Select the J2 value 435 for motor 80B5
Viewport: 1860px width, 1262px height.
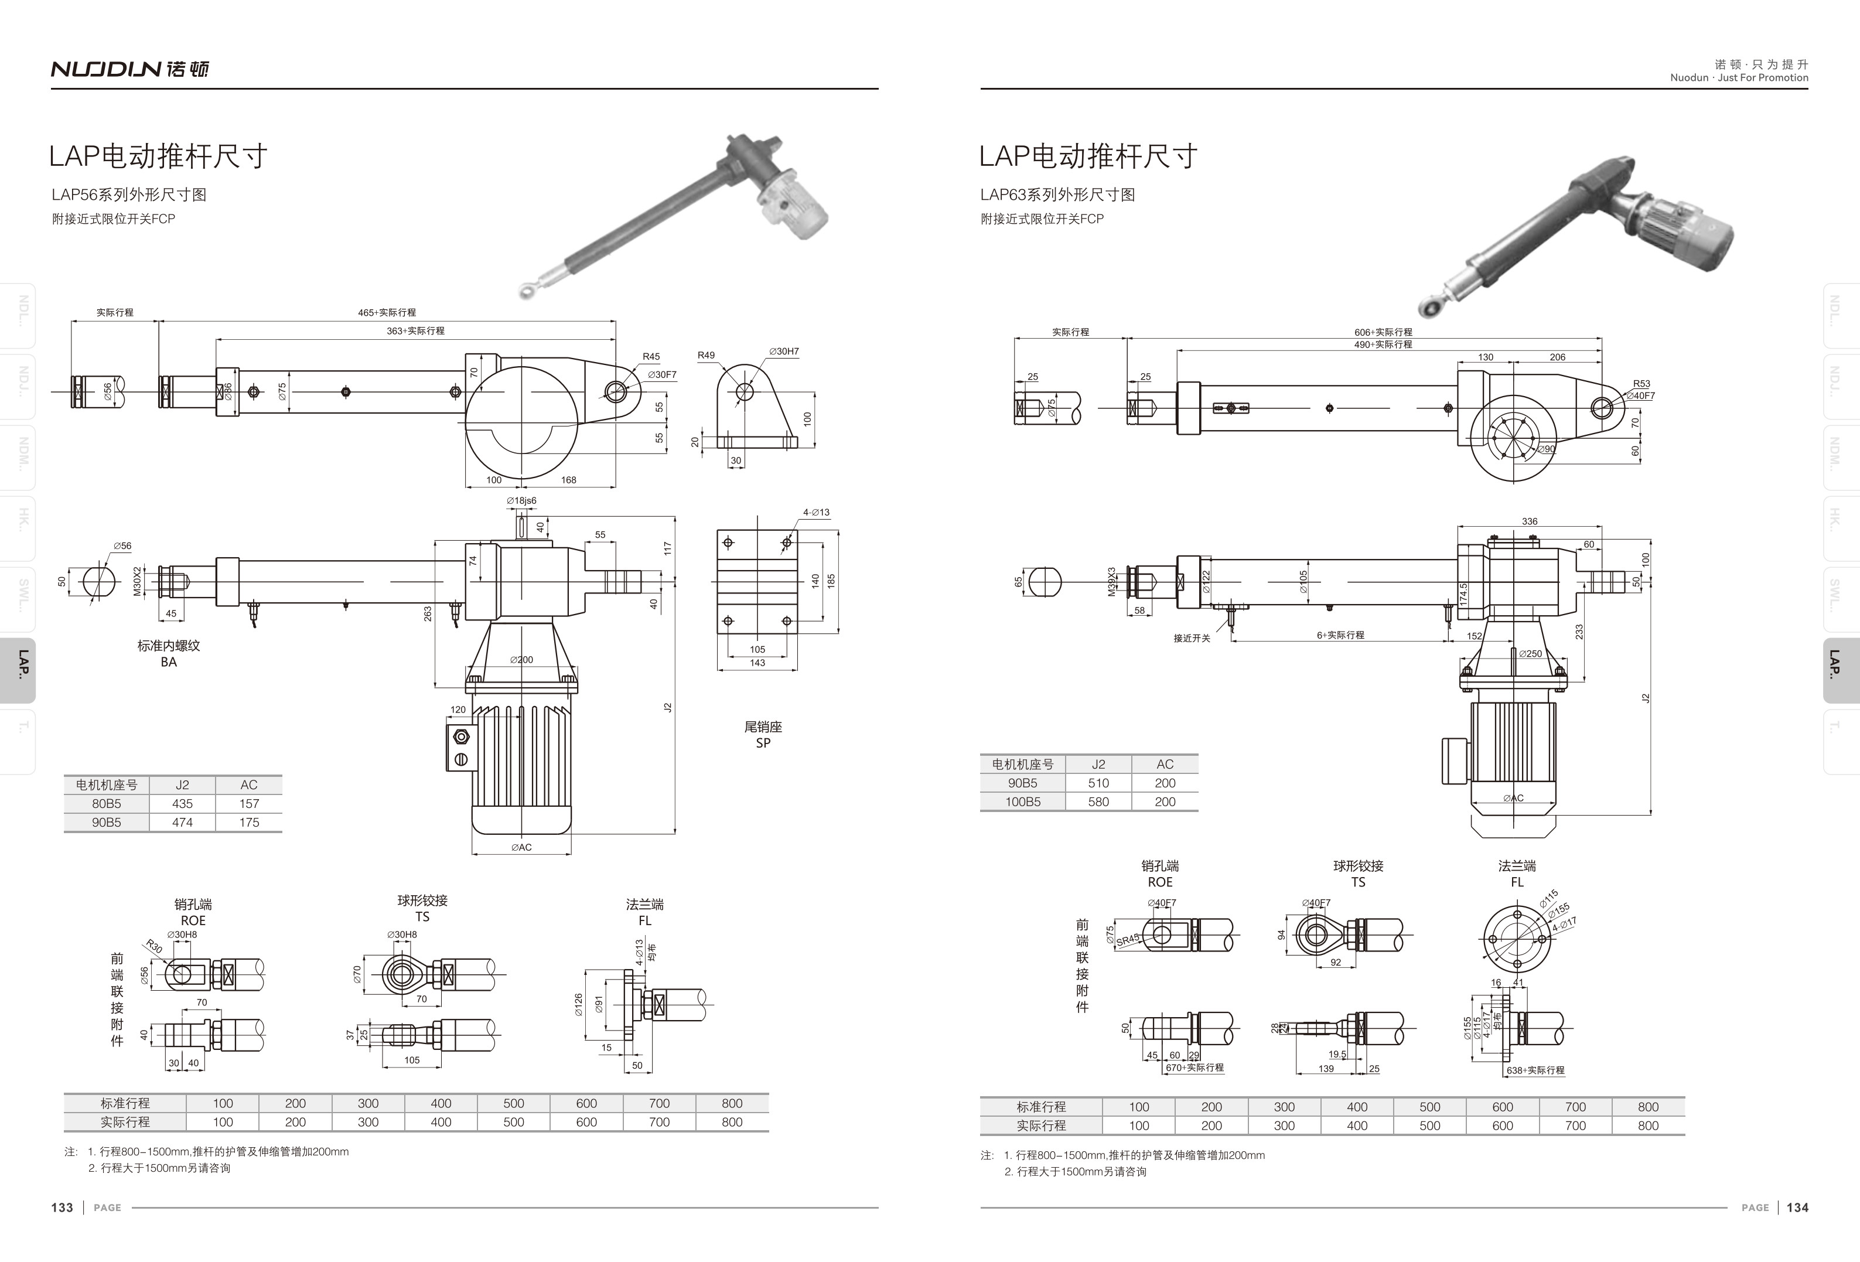click(182, 803)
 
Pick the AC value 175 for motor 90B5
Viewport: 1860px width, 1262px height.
click(249, 822)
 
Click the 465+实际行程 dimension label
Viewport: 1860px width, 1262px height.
click(387, 312)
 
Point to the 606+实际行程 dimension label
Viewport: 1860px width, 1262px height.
click(1383, 331)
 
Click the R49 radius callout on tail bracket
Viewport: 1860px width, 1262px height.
click(706, 355)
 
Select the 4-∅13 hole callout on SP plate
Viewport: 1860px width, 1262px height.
click(817, 512)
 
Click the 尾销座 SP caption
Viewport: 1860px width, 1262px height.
click(763, 735)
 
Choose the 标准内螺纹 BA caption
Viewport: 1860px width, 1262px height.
click(168, 653)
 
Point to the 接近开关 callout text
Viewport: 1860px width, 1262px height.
click(1192, 638)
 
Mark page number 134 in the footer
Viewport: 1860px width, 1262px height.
click(1797, 1208)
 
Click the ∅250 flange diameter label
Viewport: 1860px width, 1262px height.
click(1530, 653)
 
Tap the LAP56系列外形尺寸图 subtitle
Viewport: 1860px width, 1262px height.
click(129, 195)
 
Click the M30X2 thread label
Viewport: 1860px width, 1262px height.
click(137, 581)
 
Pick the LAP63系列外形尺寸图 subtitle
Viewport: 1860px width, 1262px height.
click(1057, 195)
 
